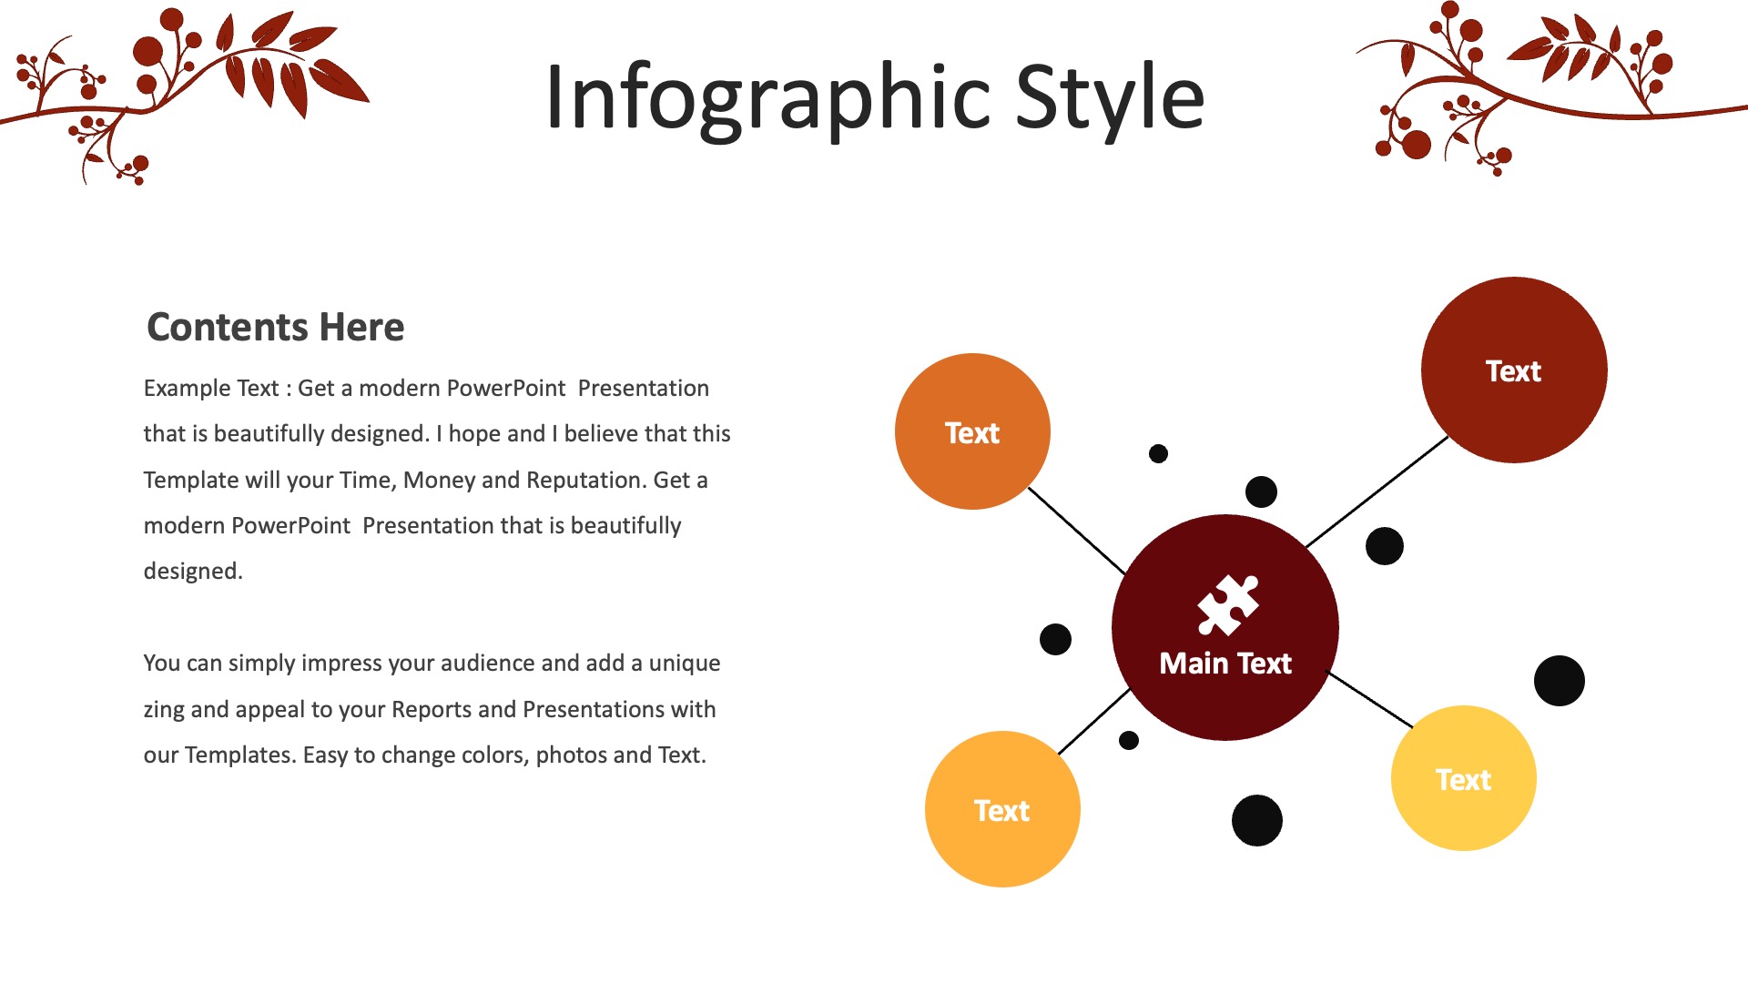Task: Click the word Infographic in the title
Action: [767, 98]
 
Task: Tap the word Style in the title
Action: [1110, 98]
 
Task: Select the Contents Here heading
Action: [275, 327]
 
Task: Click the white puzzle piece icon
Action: [1227, 604]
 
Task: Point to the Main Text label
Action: [1225, 664]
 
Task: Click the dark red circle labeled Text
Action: [1514, 370]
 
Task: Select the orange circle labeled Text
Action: [972, 431]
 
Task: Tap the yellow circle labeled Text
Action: [1464, 778]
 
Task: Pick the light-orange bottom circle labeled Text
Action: [1002, 809]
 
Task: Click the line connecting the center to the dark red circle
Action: [1377, 491]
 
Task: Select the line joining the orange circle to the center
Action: [1077, 531]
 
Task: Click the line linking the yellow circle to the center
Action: [1370, 700]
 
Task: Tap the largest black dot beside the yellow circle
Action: [1560, 681]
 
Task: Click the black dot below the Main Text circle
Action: [1257, 820]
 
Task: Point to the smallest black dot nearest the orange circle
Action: [1158, 453]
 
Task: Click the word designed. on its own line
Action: [193, 572]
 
